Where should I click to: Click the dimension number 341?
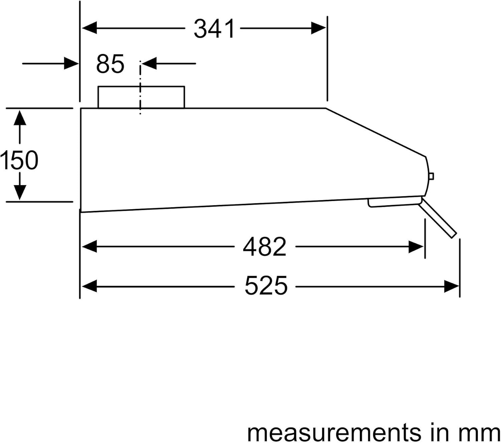214,29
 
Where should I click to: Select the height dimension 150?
19,160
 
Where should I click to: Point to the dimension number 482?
265,247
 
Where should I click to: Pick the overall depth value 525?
266,286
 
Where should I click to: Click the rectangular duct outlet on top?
141,97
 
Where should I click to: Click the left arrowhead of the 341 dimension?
90,28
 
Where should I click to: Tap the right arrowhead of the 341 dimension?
318,28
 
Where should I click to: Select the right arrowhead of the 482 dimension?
416,247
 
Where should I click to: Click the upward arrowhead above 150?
20,118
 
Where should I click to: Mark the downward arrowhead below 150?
20,192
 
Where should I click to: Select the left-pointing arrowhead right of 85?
149,63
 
